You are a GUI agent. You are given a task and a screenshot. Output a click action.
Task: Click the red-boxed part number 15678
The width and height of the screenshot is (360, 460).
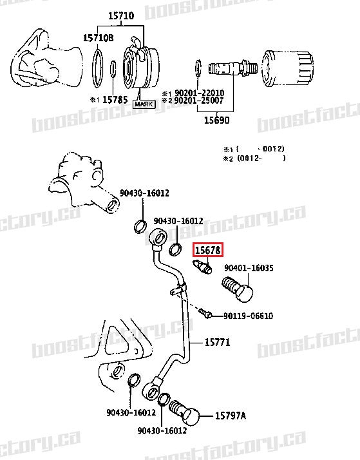click(208, 247)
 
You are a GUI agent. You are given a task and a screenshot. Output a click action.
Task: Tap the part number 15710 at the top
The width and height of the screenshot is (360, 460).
click(120, 15)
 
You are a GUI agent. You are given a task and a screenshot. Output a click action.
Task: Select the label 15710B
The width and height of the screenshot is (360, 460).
click(98, 39)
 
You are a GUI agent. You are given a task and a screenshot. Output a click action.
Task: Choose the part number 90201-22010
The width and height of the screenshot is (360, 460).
click(196, 93)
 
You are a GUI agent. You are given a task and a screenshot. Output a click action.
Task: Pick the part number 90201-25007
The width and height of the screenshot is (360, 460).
click(196, 101)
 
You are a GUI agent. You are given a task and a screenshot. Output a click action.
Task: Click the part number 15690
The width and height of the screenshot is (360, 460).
click(216, 120)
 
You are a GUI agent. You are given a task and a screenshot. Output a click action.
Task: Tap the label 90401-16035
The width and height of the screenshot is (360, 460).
click(249, 268)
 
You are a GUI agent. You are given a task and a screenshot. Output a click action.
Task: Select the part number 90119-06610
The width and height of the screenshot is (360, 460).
click(248, 316)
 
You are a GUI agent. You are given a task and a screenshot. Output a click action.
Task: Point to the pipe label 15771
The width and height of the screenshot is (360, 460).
click(217, 342)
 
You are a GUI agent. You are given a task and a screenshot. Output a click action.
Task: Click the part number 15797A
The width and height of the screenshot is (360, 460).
click(230, 416)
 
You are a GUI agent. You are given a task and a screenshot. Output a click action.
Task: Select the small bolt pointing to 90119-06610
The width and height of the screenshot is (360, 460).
click(205, 313)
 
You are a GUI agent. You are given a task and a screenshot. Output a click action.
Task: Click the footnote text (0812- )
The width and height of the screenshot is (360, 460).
click(260, 157)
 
